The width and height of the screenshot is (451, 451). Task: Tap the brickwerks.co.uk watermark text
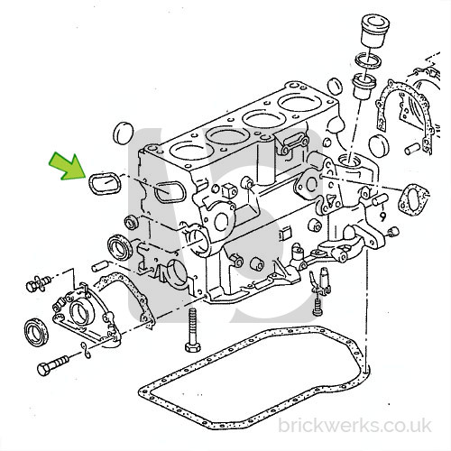coord(354,426)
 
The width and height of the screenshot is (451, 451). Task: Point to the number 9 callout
coord(382,216)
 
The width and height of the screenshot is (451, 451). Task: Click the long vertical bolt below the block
coord(192,330)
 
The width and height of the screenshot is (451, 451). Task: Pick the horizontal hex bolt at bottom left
coord(53,364)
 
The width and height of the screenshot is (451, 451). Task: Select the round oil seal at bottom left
coord(36,331)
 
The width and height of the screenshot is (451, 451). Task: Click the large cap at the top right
coord(375,31)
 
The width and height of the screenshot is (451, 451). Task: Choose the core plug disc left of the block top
coord(124,133)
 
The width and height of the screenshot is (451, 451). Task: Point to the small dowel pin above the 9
coord(380,199)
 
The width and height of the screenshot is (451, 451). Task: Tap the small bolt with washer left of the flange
coord(38,283)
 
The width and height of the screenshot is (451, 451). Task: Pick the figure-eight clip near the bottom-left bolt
coord(86,350)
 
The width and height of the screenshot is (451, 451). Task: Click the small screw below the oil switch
coord(318,307)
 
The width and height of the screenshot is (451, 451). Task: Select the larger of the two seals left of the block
coord(120,247)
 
